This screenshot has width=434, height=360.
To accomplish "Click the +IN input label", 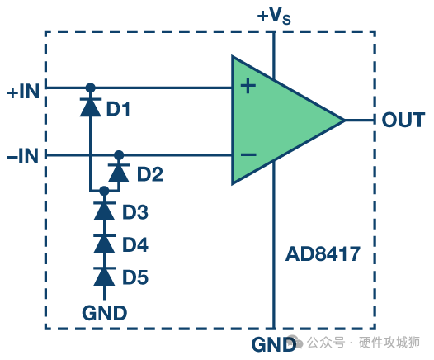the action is pos(23,92).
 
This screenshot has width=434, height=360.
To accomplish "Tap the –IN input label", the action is pos(23,156).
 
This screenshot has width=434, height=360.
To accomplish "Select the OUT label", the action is pos(403,120).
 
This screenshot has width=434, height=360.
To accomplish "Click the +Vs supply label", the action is pos(274,15).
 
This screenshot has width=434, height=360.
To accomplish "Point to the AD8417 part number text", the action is pos(323,254).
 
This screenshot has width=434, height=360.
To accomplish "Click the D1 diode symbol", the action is pos(91,107).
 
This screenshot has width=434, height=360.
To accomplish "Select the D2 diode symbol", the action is pos(119,173).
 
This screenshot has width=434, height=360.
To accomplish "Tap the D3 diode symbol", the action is pos(104,211).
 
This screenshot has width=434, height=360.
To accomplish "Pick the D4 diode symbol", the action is pos(104,244).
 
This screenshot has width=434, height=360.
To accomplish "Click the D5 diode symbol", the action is pos(104,277).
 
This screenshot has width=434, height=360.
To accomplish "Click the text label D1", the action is pos(118,108).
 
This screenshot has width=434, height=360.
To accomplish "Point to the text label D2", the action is pos(149,174).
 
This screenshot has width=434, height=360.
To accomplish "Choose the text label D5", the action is pos(135,277).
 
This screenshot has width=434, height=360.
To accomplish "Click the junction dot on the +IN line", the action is pos(90,88).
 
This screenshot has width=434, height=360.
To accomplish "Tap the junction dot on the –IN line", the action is pos(119,155).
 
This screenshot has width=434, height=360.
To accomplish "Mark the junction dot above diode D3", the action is pos(104,191).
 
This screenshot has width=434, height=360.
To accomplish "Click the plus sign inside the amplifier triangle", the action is pos(248,86).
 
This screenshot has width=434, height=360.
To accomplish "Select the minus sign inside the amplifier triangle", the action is pos(248,154).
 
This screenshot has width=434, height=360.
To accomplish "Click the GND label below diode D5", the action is pos(104,313).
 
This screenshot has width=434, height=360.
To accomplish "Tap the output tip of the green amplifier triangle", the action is pos(345,121).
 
